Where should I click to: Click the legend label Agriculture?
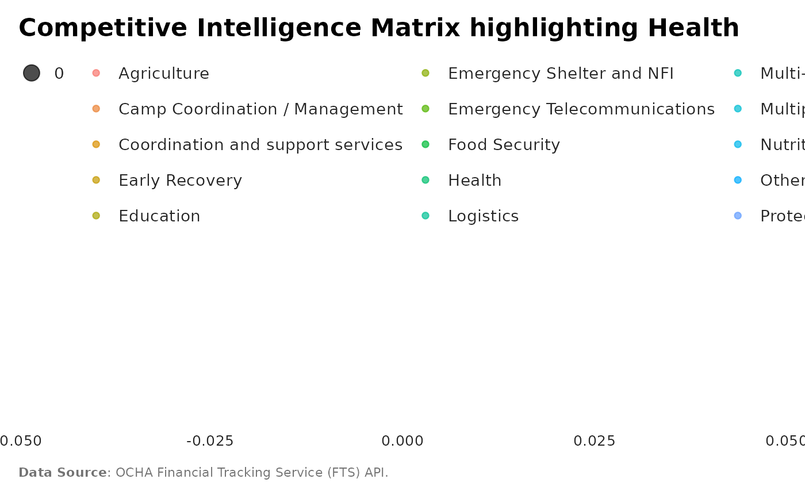pyautogui.click(x=163, y=74)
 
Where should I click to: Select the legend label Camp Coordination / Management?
pyautogui.click(x=260, y=109)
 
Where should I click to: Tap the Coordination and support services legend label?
pyautogui.click(x=260, y=145)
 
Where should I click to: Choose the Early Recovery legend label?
pyautogui.click(x=180, y=181)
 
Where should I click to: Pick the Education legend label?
pyautogui.click(x=159, y=216)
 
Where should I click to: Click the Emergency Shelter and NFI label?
pyautogui.click(x=560, y=74)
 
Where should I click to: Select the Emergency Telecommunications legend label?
pyautogui.click(x=581, y=109)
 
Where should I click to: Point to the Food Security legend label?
pyautogui.click(x=504, y=145)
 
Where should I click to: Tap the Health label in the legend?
pyautogui.click(x=474, y=181)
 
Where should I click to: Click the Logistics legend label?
pyautogui.click(x=483, y=216)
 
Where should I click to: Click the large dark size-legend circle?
pyautogui.click(x=32, y=73)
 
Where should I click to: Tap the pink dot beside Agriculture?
pyautogui.click(x=96, y=73)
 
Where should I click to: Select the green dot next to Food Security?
pyautogui.click(x=425, y=144)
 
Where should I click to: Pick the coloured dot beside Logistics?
pyautogui.click(x=425, y=216)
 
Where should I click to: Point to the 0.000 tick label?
pyautogui.click(x=402, y=441)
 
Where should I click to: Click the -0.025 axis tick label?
pyautogui.click(x=210, y=441)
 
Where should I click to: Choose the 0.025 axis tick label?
pyautogui.click(x=595, y=441)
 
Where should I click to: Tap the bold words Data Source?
pyautogui.click(x=63, y=473)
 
